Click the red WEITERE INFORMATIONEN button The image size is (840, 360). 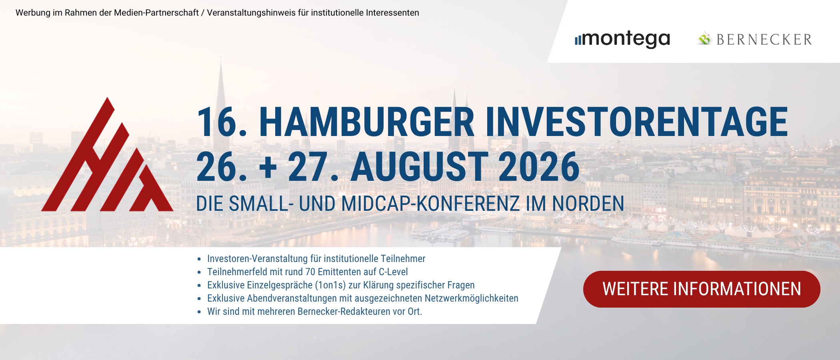coord(702,289)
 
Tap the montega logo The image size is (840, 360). coord(622,39)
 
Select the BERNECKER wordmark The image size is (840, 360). coord(764,40)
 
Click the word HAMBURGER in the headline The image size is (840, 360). coord(367,122)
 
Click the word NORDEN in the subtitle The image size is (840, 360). coord(588,204)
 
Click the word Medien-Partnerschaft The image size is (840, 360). coord(156,13)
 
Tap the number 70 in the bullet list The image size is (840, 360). coord(310,272)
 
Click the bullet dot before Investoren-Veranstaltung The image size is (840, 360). coord(199,259)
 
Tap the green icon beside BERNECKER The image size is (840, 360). coord(705,39)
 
